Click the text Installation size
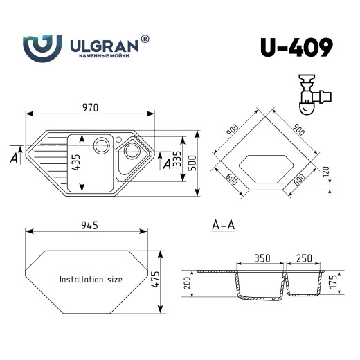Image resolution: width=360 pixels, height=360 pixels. coord(91,280)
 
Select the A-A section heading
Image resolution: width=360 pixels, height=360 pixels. coord(222,224)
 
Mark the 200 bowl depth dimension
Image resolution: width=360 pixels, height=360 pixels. coord(186,283)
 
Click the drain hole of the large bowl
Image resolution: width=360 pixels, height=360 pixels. coord(101,145)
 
